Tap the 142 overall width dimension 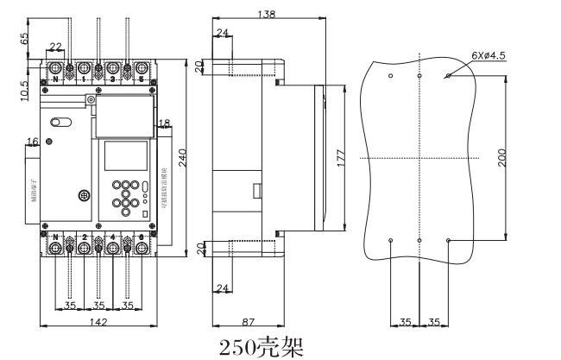(x=98, y=321)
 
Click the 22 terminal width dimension (x=55, y=47)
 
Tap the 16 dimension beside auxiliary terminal (x=33, y=142)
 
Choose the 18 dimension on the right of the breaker (x=164, y=123)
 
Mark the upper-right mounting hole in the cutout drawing (x=448, y=76)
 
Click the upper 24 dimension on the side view (x=223, y=33)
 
